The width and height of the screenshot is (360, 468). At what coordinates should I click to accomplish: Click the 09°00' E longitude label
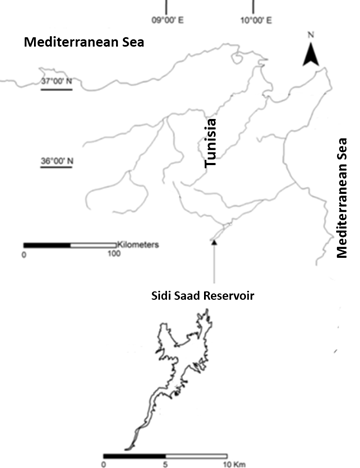point(163,19)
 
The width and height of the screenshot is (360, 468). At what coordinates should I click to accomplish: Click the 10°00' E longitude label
point(253,19)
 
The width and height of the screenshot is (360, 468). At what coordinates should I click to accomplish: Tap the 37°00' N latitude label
point(57,82)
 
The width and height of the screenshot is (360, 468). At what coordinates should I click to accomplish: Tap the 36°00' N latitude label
point(57,160)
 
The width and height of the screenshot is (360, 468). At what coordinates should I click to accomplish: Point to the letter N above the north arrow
point(311,36)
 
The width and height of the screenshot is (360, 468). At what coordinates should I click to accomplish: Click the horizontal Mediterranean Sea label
point(74,42)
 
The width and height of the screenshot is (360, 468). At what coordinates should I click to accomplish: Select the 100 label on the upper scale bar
point(113,255)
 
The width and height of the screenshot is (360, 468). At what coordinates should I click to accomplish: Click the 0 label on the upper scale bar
point(24,255)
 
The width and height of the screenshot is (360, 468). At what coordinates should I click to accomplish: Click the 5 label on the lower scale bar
point(166,463)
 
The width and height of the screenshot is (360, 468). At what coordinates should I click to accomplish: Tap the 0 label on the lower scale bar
point(104,463)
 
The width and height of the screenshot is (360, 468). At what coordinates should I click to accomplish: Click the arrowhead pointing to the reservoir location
point(213,241)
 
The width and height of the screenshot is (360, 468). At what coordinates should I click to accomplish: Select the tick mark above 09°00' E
point(163,5)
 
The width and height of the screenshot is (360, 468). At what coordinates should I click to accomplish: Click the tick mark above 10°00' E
point(253,5)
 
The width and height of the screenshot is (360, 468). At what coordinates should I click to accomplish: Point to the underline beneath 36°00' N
point(57,168)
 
